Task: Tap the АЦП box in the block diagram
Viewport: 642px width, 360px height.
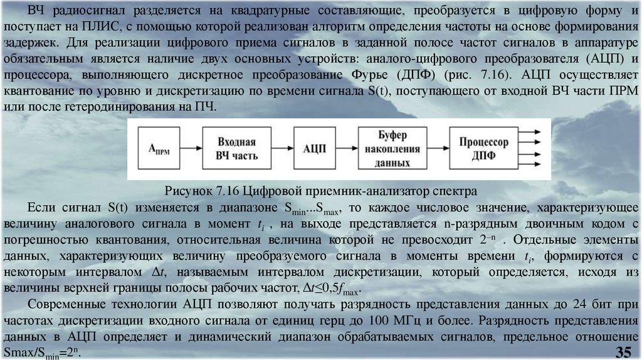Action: coord(314,149)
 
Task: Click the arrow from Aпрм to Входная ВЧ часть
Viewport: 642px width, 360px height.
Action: coord(191,149)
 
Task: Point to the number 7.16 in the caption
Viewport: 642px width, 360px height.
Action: coord(225,191)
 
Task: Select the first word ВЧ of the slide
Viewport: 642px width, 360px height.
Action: coord(38,13)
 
